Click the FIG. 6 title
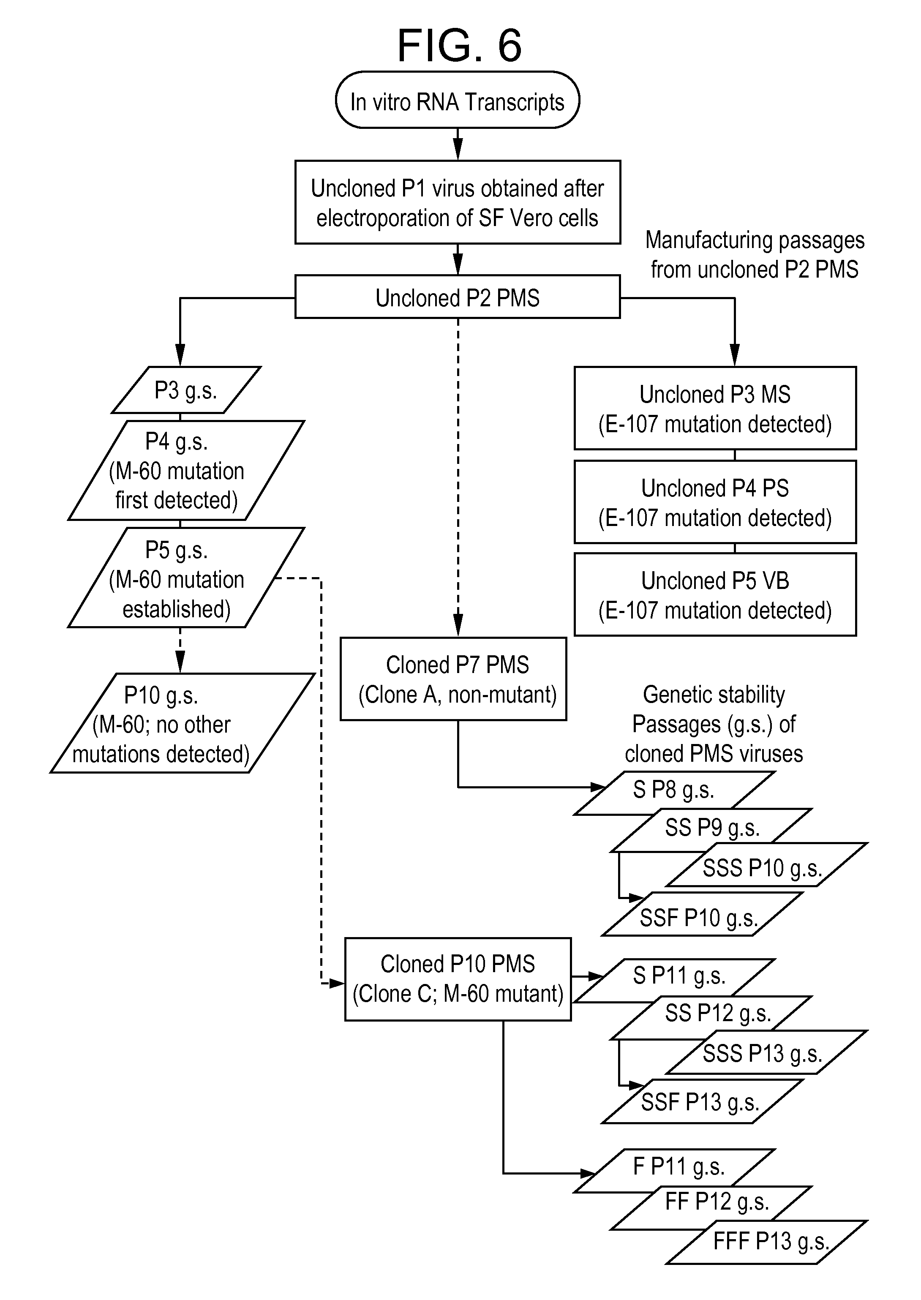pos(459,45)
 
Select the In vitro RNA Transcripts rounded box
pos(457,101)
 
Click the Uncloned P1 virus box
pos(457,202)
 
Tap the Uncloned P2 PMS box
pos(457,297)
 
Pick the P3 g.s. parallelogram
pos(186,390)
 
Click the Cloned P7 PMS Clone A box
pos(454,679)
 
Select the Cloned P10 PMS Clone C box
pos(457,979)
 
